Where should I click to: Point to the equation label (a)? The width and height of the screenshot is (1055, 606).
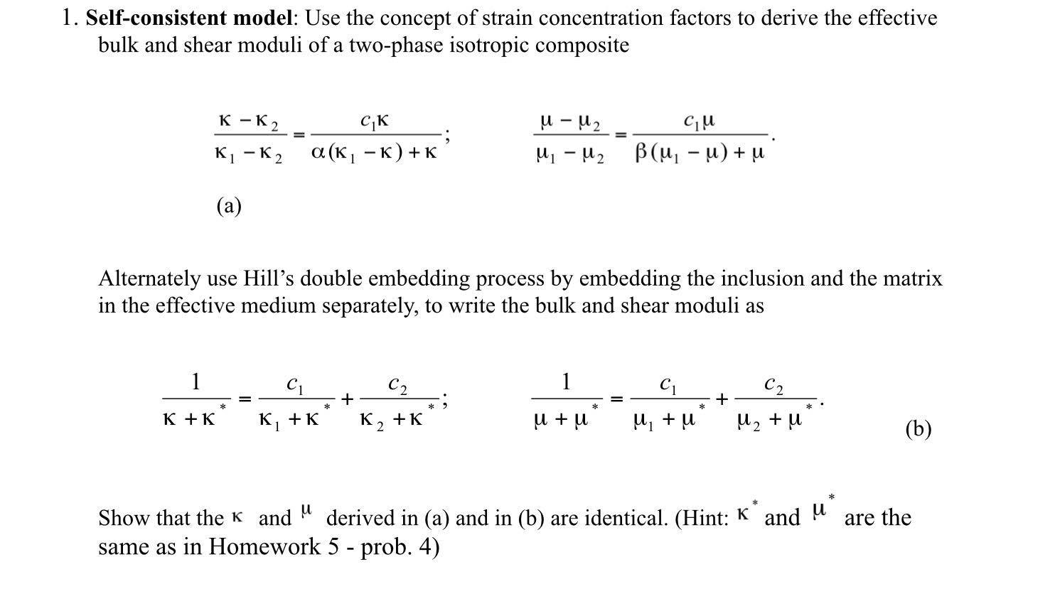[229, 206]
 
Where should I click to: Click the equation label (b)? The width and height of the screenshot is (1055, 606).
[918, 428]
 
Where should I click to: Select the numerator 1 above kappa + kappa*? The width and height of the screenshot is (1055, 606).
[196, 382]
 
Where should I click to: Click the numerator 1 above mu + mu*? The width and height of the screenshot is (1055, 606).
[566, 382]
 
